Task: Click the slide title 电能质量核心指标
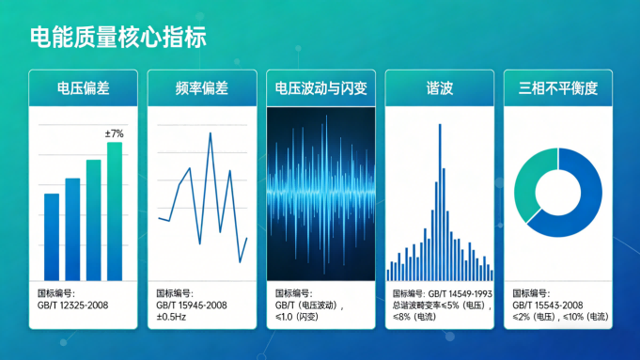point(117,38)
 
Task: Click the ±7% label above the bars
point(114,134)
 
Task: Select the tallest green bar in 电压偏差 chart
point(115,211)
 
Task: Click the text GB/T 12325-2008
point(71,305)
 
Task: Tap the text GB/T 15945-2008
point(192,305)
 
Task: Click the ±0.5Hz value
point(173,317)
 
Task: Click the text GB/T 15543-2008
point(548,305)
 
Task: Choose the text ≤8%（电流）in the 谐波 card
point(414,317)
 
